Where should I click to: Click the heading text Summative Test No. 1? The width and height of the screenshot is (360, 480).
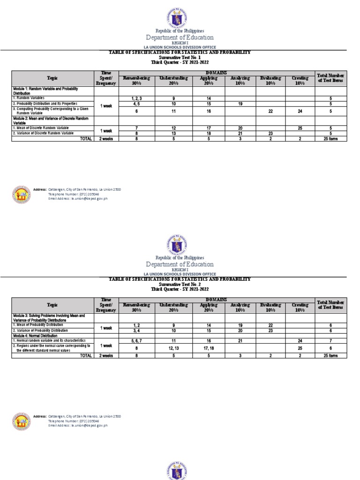click(180, 57)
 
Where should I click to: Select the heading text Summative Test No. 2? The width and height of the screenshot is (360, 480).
click(180, 284)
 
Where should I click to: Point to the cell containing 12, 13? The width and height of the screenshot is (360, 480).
click(173, 348)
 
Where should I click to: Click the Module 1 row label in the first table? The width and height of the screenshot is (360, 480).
click(45, 90)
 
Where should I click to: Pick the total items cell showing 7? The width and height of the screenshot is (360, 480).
click(330, 340)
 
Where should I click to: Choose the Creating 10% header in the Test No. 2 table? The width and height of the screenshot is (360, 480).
click(300, 307)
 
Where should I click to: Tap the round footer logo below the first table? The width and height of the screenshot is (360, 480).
click(21, 194)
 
